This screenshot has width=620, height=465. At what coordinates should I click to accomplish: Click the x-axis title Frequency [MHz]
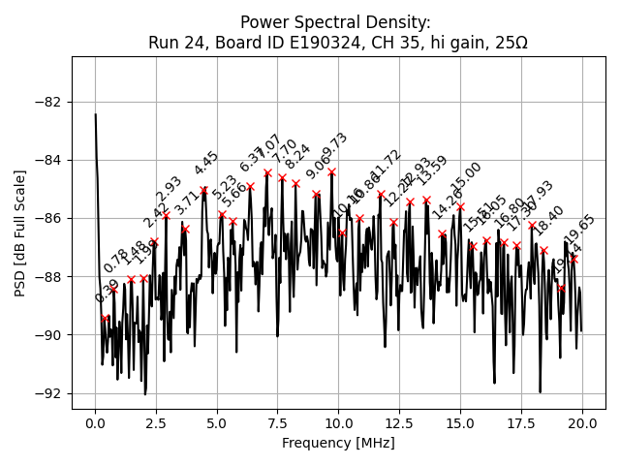point(338,443)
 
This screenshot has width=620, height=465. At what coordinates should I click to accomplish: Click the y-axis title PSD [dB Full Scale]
point(20,232)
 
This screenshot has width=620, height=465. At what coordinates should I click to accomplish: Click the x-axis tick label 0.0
point(95,423)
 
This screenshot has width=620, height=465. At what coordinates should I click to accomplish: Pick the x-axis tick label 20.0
point(582,423)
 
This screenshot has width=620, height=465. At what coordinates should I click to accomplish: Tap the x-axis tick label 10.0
point(338,423)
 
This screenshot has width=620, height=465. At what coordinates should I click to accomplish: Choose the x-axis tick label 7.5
point(278,423)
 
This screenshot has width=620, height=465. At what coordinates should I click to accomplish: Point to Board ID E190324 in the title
point(280,43)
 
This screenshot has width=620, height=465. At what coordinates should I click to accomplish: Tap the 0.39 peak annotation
point(107,292)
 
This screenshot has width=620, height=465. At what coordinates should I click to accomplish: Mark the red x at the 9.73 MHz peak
point(331,172)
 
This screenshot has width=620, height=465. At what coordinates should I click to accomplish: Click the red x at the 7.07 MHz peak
point(267,173)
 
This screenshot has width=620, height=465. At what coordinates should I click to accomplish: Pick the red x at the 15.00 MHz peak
point(460,206)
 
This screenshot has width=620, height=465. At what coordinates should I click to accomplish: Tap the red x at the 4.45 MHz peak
point(203,191)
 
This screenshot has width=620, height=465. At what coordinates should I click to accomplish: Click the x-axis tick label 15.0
point(460,423)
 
